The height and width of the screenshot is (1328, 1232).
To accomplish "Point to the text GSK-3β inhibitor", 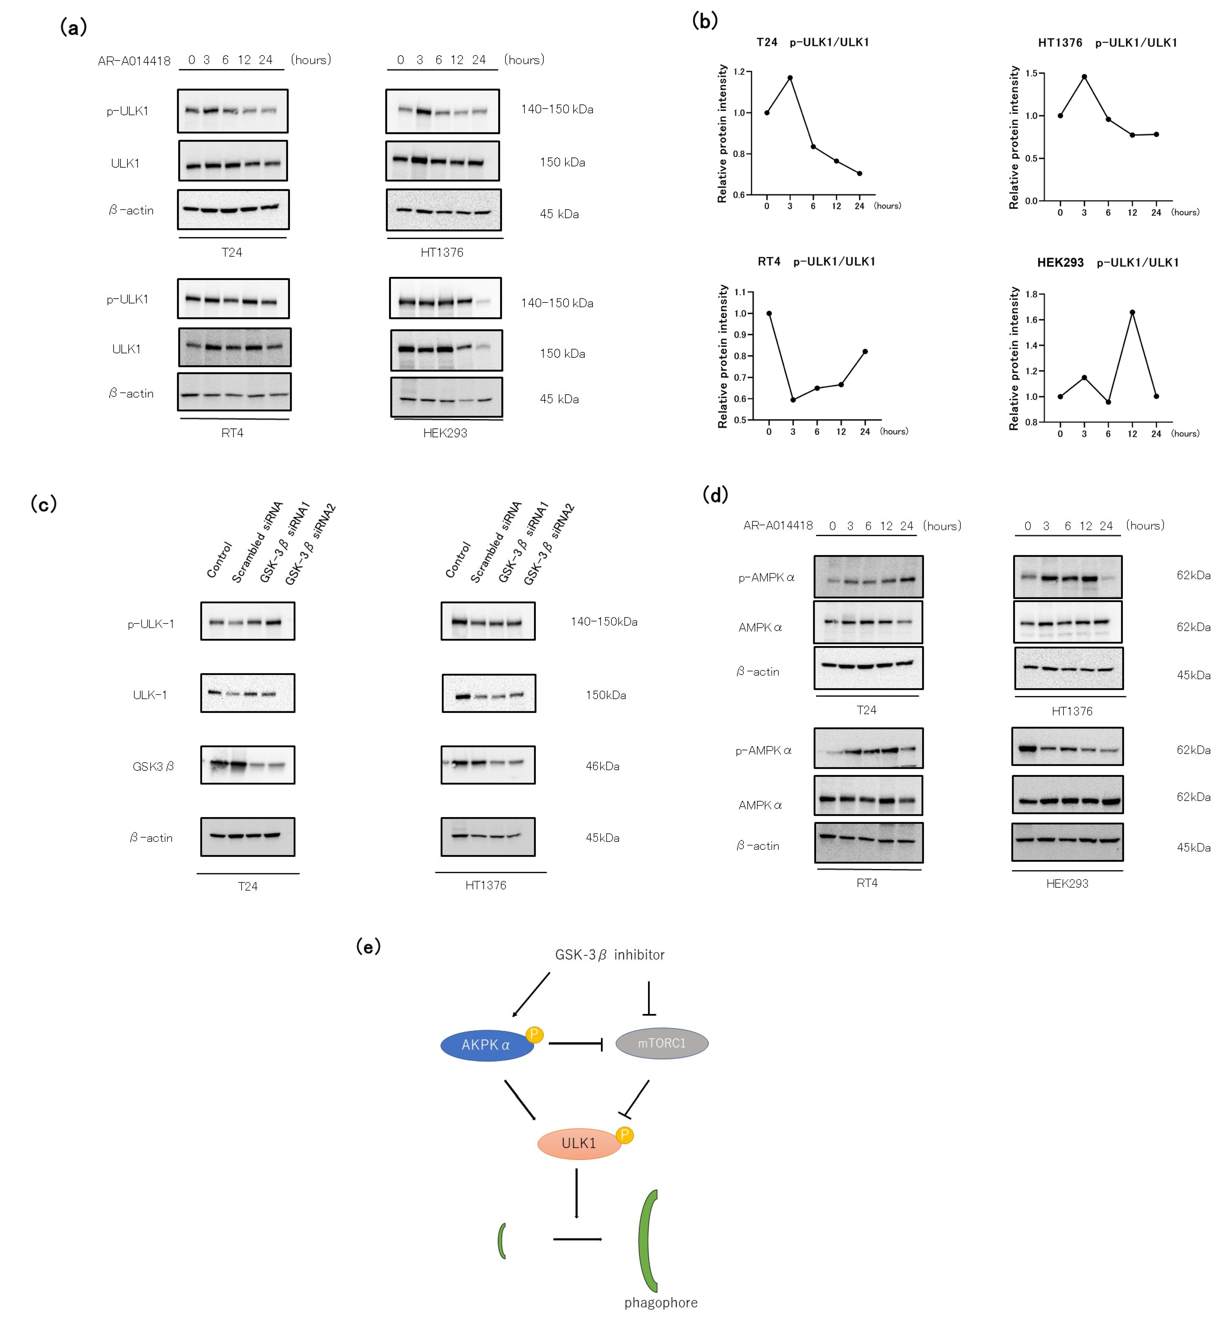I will (609, 955).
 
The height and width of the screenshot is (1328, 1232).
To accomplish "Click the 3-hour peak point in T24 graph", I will (790, 78).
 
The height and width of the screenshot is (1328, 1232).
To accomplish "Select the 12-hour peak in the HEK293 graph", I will (1132, 312).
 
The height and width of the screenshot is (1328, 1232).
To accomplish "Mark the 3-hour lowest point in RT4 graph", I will (793, 400).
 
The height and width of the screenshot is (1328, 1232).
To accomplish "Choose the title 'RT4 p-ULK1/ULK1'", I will (816, 261).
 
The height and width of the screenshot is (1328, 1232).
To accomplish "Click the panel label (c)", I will (44, 504).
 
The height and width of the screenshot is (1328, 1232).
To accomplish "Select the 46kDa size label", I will (602, 766).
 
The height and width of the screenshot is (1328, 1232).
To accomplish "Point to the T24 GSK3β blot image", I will (247, 765).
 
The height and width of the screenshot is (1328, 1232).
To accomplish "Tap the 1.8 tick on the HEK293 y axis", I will (1031, 294).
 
